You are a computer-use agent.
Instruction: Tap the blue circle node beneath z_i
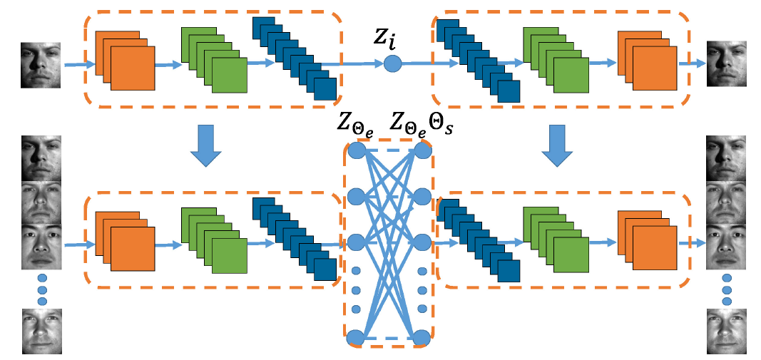393,63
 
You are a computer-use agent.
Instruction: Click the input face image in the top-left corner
39,64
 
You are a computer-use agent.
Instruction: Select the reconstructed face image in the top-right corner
727,64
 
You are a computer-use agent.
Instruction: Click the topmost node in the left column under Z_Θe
356,150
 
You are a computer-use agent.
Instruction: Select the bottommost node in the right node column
422,337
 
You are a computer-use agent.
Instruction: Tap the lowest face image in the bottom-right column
727,331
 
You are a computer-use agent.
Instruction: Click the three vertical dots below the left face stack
41,289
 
